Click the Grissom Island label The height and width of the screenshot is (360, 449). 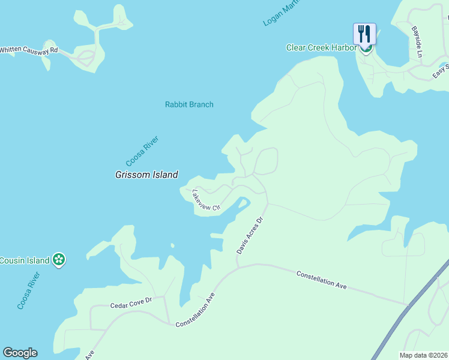[146, 175]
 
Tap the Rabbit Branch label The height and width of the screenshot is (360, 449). [189, 104]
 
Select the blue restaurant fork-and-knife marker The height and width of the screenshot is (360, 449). [364, 34]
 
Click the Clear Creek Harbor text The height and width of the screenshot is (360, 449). [321, 48]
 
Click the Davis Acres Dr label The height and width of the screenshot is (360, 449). [250, 235]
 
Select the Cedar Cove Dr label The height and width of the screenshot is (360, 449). [131, 305]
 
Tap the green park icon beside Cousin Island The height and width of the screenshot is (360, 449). [58, 260]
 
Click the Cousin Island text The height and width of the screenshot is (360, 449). [24, 260]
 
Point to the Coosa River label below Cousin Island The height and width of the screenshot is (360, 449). [29, 291]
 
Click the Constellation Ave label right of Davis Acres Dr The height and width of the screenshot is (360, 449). [322, 281]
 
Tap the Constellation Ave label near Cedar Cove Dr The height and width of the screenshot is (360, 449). [195, 310]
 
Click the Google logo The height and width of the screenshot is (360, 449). [20, 353]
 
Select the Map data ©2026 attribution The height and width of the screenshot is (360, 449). [423, 355]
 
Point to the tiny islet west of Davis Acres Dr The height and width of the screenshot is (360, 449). [172, 245]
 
